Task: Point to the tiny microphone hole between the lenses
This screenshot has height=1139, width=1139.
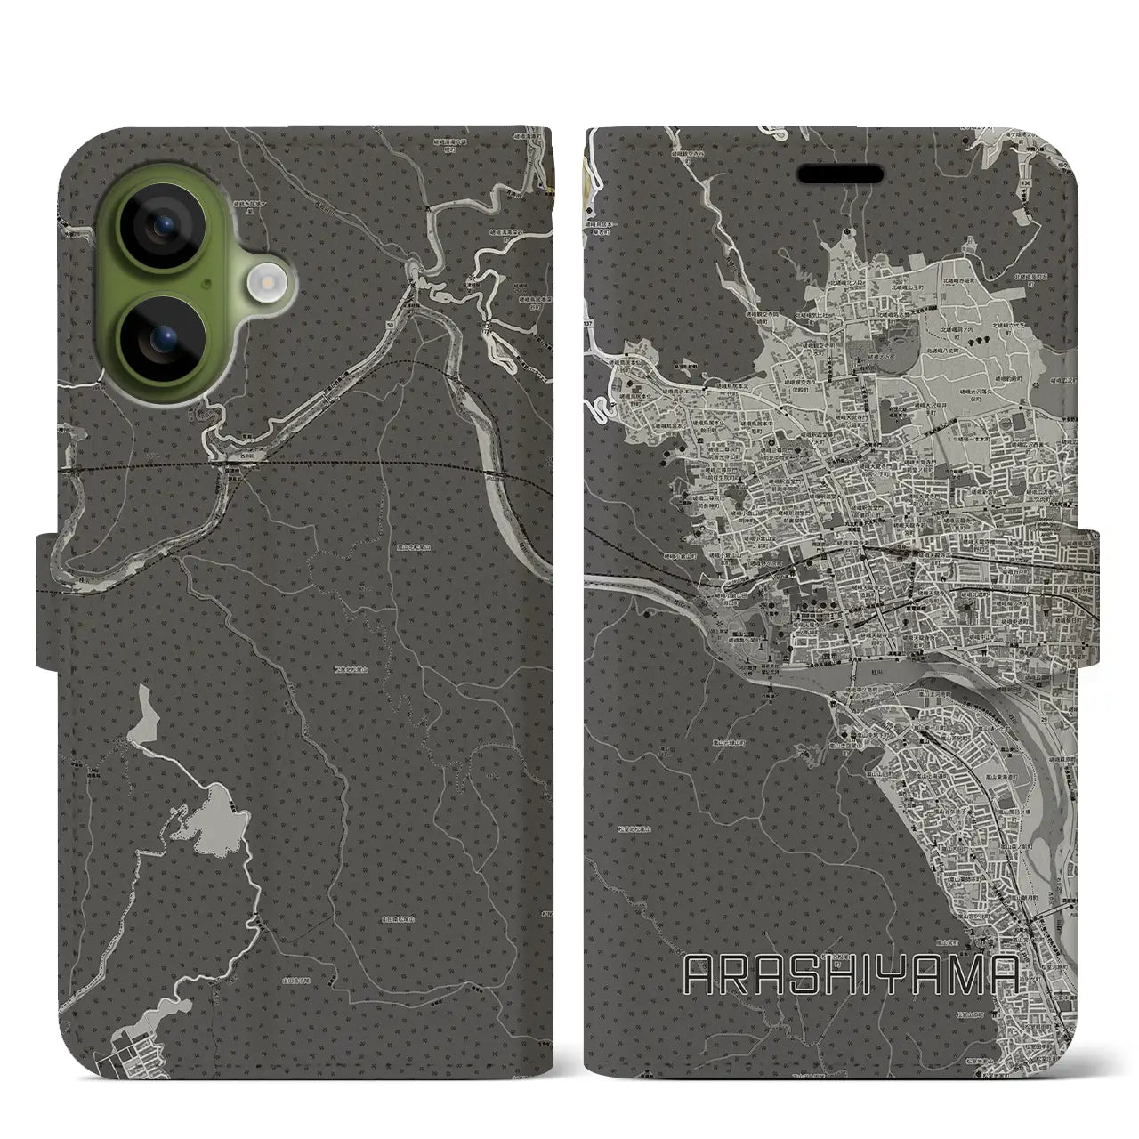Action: pos(206,282)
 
